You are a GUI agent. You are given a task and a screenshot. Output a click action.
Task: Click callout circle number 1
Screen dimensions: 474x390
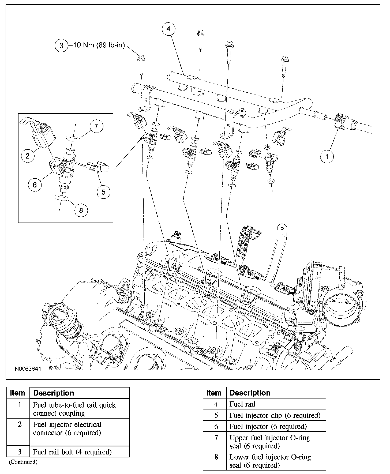pos(327,156)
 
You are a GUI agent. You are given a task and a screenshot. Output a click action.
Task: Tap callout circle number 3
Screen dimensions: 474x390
pos(61,45)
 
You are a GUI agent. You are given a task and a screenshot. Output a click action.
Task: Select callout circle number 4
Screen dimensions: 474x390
pos(168,29)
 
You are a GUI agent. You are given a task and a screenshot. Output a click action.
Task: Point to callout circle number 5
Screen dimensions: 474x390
pos(103,192)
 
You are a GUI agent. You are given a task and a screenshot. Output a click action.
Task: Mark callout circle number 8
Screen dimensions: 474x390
pos(81,210)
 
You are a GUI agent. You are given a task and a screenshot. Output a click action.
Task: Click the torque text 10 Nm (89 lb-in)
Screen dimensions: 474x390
pos(99,45)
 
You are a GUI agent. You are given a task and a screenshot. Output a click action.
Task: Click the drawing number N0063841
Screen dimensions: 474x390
pos(28,369)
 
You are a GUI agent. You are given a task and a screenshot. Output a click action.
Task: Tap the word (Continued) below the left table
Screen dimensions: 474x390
pos(23,462)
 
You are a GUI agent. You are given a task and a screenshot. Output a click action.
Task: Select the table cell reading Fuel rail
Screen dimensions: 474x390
pos(242,404)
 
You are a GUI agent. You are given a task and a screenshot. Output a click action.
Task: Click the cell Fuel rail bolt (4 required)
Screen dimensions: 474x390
pos(72,452)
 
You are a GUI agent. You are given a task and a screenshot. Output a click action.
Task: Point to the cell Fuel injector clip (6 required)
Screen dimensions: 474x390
pos(275,415)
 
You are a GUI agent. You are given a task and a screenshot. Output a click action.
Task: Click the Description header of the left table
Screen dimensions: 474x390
pos(54,393)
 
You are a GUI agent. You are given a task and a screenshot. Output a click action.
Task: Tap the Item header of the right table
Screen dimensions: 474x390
pos(214,393)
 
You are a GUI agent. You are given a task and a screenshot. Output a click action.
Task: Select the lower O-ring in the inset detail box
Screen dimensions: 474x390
pos(62,198)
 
